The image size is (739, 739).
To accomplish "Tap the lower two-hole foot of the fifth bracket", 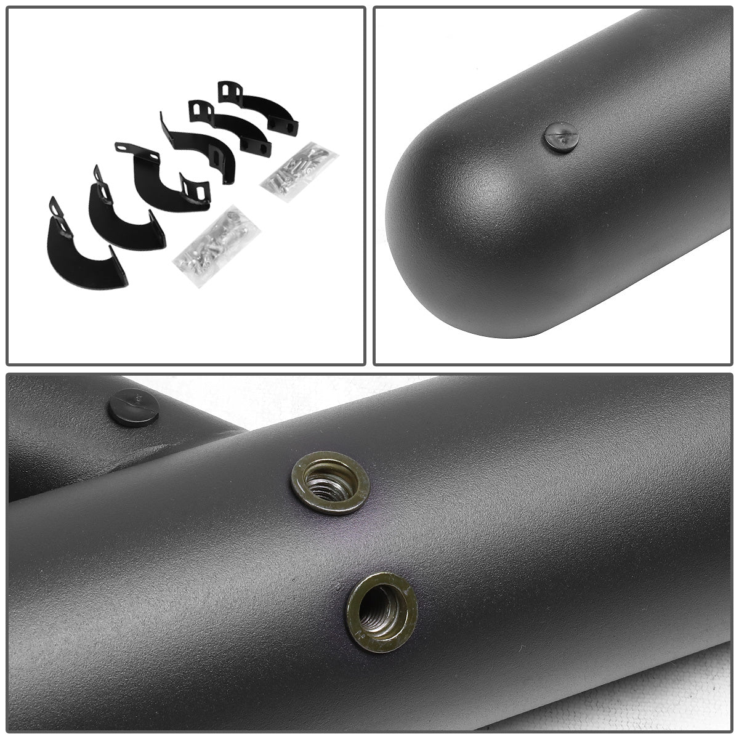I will click(x=256, y=145).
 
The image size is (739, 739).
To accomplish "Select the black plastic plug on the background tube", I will click(x=133, y=407).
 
